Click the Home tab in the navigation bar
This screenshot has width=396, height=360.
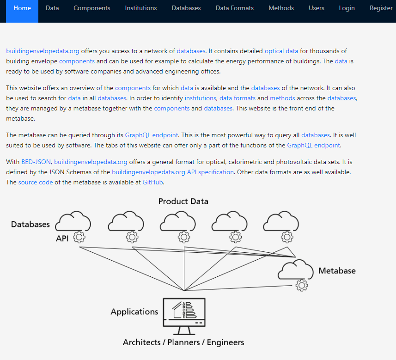point(22,8)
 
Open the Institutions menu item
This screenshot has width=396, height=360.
point(140,8)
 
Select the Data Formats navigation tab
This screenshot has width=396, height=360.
point(234,8)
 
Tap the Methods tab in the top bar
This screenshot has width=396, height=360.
point(281,8)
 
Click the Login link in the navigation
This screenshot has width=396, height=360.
point(347,8)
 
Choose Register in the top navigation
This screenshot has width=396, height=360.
point(381,8)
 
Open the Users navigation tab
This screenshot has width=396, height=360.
point(316,8)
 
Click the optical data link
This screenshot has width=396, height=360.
point(281,51)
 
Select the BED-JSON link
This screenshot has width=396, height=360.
point(36,162)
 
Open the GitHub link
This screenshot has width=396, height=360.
point(153,182)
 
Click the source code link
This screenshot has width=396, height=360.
point(36,182)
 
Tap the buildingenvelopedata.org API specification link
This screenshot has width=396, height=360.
point(173,172)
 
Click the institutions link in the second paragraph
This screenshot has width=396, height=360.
point(200,98)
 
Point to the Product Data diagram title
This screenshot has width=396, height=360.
point(183,201)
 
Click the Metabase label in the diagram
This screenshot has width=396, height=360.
point(337,270)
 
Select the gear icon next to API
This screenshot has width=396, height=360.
point(79,237)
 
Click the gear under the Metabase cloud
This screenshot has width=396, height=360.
point(302,286)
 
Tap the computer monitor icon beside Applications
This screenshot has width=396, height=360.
point(184,316)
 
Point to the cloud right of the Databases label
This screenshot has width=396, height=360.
point(73,221)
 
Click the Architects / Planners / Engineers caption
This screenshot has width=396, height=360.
point(183,342)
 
